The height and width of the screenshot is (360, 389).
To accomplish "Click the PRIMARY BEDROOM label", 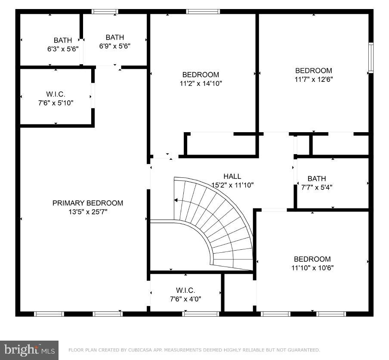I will [87, 203].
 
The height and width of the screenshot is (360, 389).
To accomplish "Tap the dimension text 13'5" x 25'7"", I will [87, 212].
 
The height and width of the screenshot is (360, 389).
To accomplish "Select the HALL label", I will [232, 176].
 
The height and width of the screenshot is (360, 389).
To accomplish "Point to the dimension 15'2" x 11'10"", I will [232, 185].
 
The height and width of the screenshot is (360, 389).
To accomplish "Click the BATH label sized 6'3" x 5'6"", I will [63, 40].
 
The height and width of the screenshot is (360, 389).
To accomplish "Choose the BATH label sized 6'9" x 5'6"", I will [114, 37].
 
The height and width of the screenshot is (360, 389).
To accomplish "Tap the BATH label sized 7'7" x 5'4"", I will [316, 178].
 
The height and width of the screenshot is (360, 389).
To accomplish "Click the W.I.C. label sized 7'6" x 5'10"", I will [56, 94].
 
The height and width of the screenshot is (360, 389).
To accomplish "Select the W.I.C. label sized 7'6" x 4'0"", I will [185, 290].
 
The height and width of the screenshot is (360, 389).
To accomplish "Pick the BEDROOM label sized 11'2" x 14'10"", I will [201, 74].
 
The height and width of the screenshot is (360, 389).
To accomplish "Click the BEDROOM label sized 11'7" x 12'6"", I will [313, 71].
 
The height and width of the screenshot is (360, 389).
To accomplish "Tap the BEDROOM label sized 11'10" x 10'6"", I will [312, 259].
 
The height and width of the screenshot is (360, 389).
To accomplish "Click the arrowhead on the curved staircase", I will [176, 200].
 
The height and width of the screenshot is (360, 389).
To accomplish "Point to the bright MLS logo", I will [29, 350].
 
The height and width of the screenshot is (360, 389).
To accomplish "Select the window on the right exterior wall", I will [371, 58].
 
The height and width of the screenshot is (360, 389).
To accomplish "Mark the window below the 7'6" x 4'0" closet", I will [194, 314].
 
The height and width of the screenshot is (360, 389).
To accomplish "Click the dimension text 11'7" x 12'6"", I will [313, 80].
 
